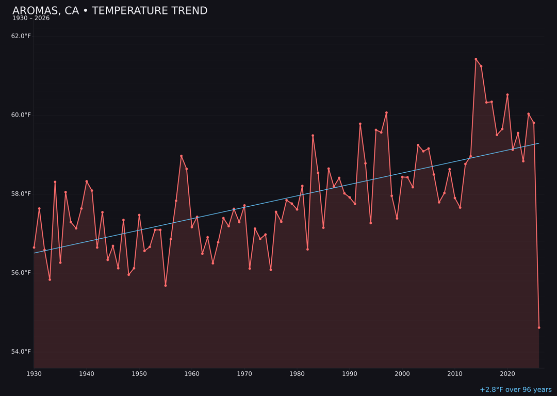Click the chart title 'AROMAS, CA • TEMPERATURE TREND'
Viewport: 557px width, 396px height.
click(110, 11)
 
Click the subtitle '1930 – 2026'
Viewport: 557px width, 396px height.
click(31, 19)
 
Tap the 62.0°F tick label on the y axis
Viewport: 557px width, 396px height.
click(21, 36)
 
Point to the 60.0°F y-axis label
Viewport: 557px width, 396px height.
click(21, 115)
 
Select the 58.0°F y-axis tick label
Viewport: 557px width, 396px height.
click(21, 194)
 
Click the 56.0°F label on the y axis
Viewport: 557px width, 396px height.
click(21, 273)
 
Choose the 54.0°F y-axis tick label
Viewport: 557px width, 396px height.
click(21, 352)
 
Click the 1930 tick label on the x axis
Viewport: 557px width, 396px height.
click(34, 374)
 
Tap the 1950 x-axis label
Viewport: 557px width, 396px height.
click(139, 374)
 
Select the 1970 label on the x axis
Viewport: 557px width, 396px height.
click(244, 374)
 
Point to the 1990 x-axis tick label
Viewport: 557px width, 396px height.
click(350, 374)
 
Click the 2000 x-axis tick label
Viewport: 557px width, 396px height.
click(402, 374)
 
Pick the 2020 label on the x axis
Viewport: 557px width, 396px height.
click(507, 374)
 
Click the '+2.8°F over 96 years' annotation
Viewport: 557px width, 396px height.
click(515, 390)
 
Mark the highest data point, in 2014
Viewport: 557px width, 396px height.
click(476, 59)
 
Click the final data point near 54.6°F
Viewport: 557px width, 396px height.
click(539, 327)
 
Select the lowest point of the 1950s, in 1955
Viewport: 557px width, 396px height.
click(166, 285)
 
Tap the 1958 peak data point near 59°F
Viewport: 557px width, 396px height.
click(181, 156)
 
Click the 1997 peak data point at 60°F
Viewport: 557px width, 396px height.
click(386, 113)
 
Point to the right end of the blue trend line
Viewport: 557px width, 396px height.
click(539, 143)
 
